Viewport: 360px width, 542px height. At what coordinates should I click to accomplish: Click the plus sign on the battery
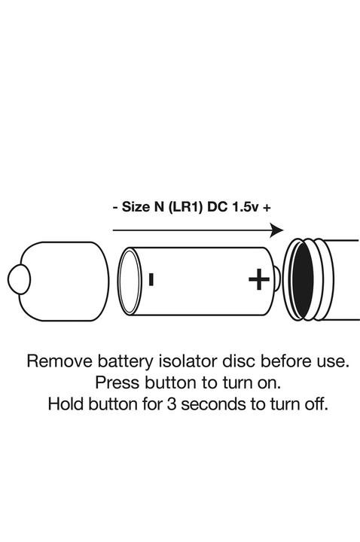pyautogui.click(x=258, y=281)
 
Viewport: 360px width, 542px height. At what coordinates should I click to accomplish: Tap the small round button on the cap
pyautogui.click(x=17, y=282)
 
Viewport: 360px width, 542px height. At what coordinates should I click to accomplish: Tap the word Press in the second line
pyautogui.click(x=114, y=382)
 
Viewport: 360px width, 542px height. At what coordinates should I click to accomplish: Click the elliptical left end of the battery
pyautogui.click(x=130, y=282)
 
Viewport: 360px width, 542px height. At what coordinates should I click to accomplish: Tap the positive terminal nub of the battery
pyautogui.click(x=276, y=282)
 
